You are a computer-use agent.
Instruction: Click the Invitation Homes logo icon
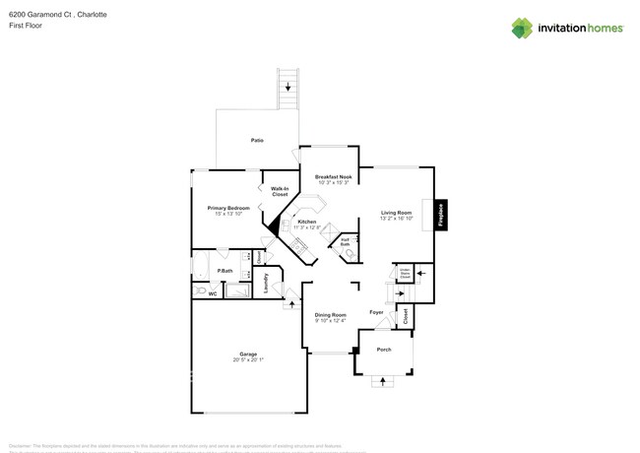pyautogui.click(x=523, y=28)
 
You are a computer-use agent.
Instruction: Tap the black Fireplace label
pyautogui.click(x=441, y=215)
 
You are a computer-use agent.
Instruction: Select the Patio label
pyautogui.click(x=257, y=141)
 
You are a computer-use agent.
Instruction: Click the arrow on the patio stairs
pyautogui.click(x=288, y=88)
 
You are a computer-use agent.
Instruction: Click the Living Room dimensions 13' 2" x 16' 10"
pyautogui.click(x=396, y=218)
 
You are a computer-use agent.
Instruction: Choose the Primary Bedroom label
pyautogui.click(x=227, y=208)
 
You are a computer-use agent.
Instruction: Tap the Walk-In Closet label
pyautogui.click(x=280, y=192)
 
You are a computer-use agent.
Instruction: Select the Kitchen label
pyautogui.click(x=307, y=222)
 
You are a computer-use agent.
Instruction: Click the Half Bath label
pyautogui.click(x=346, y=241)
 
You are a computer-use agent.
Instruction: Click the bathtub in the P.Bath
pyautogui.click(x=239, y=291)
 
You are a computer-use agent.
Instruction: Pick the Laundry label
pyautogui.click(x=267, y=283)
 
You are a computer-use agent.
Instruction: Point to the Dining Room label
pyautogui.click(x=331, y=314)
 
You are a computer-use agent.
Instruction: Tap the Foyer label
pyautogui.click(x=376, y=312)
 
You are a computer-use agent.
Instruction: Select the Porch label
pyautogui.click(x=384, y=350)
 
